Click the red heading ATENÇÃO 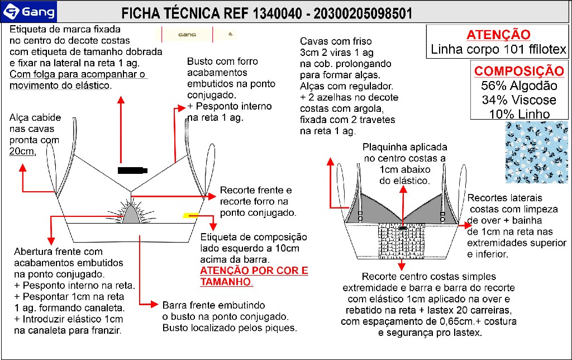(x=498, y=35)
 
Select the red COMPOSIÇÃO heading (x=519, y=71)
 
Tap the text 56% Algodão (x=519, y=86)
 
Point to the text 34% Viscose (x=519, y=100)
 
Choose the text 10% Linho (x=519, y=114)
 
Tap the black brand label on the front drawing (x=132, y=169)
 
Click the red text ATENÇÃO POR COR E (x=254, y=271)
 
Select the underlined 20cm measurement (x=22, y=151)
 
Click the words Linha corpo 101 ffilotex (x=499, y=49)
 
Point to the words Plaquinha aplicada (x=405, y=147)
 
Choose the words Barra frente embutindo (x=217, y=306)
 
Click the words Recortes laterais (x=504, y=198)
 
